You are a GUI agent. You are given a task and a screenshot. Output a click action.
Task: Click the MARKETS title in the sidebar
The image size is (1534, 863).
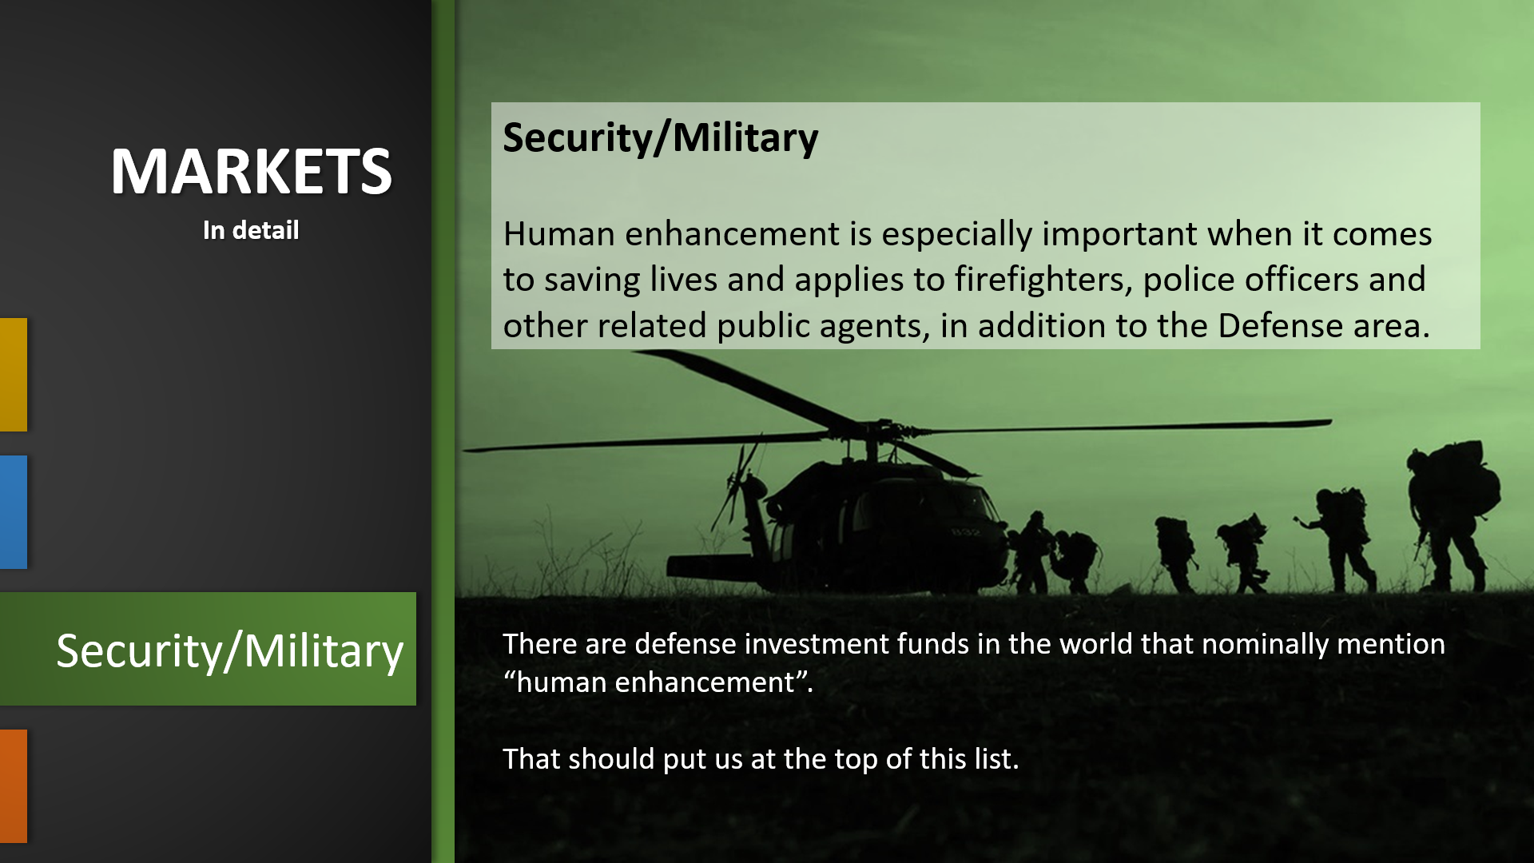pyautogui.click(x=251, y=171)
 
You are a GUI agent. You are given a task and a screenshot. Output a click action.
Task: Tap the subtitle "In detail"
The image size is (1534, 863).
pyautogui.click(x=251, y=230)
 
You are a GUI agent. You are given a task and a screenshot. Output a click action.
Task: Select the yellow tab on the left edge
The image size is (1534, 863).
pyautogui.click(x=14, y=375)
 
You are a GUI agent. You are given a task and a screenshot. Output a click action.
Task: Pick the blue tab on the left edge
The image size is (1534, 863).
pyautogui.click(x=14, y=512)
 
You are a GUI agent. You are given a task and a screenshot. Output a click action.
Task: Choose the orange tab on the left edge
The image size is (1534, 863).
pyautogui.click(x=14, y=786)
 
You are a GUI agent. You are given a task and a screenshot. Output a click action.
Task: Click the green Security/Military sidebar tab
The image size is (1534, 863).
pyautogui.click(x=208, y=649)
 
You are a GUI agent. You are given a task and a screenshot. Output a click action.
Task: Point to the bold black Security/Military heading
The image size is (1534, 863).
pyautogui.click(x=661, y=137)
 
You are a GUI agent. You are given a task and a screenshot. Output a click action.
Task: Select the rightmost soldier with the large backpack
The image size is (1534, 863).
pyautogui.click(x=1451, y=515)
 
